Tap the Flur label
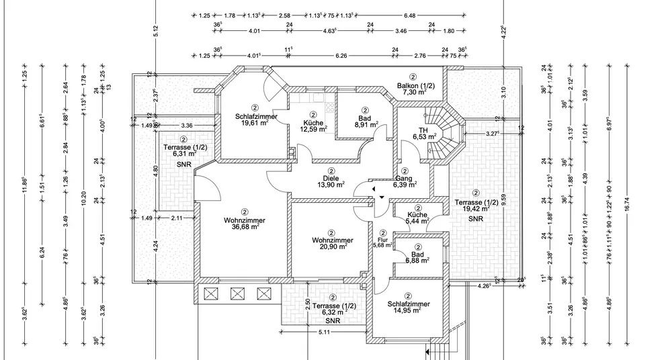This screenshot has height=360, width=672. coord(382,238)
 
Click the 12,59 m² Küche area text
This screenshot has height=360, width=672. coord(313,130)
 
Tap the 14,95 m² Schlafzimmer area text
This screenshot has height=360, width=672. coord(409,310)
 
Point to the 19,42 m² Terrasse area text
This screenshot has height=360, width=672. coord(475,210)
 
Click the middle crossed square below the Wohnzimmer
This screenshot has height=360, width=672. coord(237,293)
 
